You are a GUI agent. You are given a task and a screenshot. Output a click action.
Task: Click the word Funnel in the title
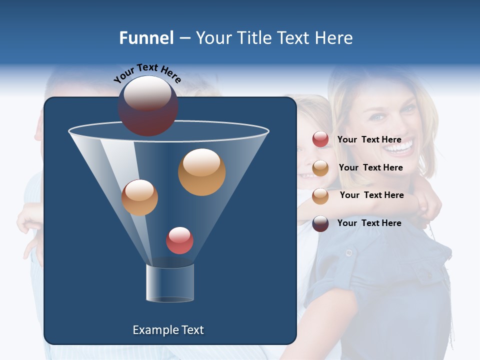point(146,38)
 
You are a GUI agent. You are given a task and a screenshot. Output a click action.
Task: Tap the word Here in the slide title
point(333,38)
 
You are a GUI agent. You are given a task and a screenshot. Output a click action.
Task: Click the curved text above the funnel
point(147,73)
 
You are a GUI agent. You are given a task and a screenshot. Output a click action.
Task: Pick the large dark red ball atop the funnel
point(148,106)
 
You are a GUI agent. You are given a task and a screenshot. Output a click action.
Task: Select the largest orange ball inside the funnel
point(201,171)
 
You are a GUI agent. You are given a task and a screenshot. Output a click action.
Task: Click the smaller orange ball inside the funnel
point(139,197)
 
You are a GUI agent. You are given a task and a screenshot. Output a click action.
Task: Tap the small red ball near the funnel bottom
point(179,240)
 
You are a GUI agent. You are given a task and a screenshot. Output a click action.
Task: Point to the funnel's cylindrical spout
point(170,283)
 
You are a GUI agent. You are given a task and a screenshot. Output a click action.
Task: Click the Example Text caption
point(168,330)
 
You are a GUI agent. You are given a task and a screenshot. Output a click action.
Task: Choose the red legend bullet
point(320,139)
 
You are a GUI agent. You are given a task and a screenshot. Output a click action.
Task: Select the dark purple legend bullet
point(320,223)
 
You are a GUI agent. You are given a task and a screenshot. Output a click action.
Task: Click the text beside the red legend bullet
point(369,139)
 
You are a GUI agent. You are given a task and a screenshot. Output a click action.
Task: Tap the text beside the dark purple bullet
point(369,223)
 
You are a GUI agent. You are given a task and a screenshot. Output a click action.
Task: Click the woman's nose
point(391,127)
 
